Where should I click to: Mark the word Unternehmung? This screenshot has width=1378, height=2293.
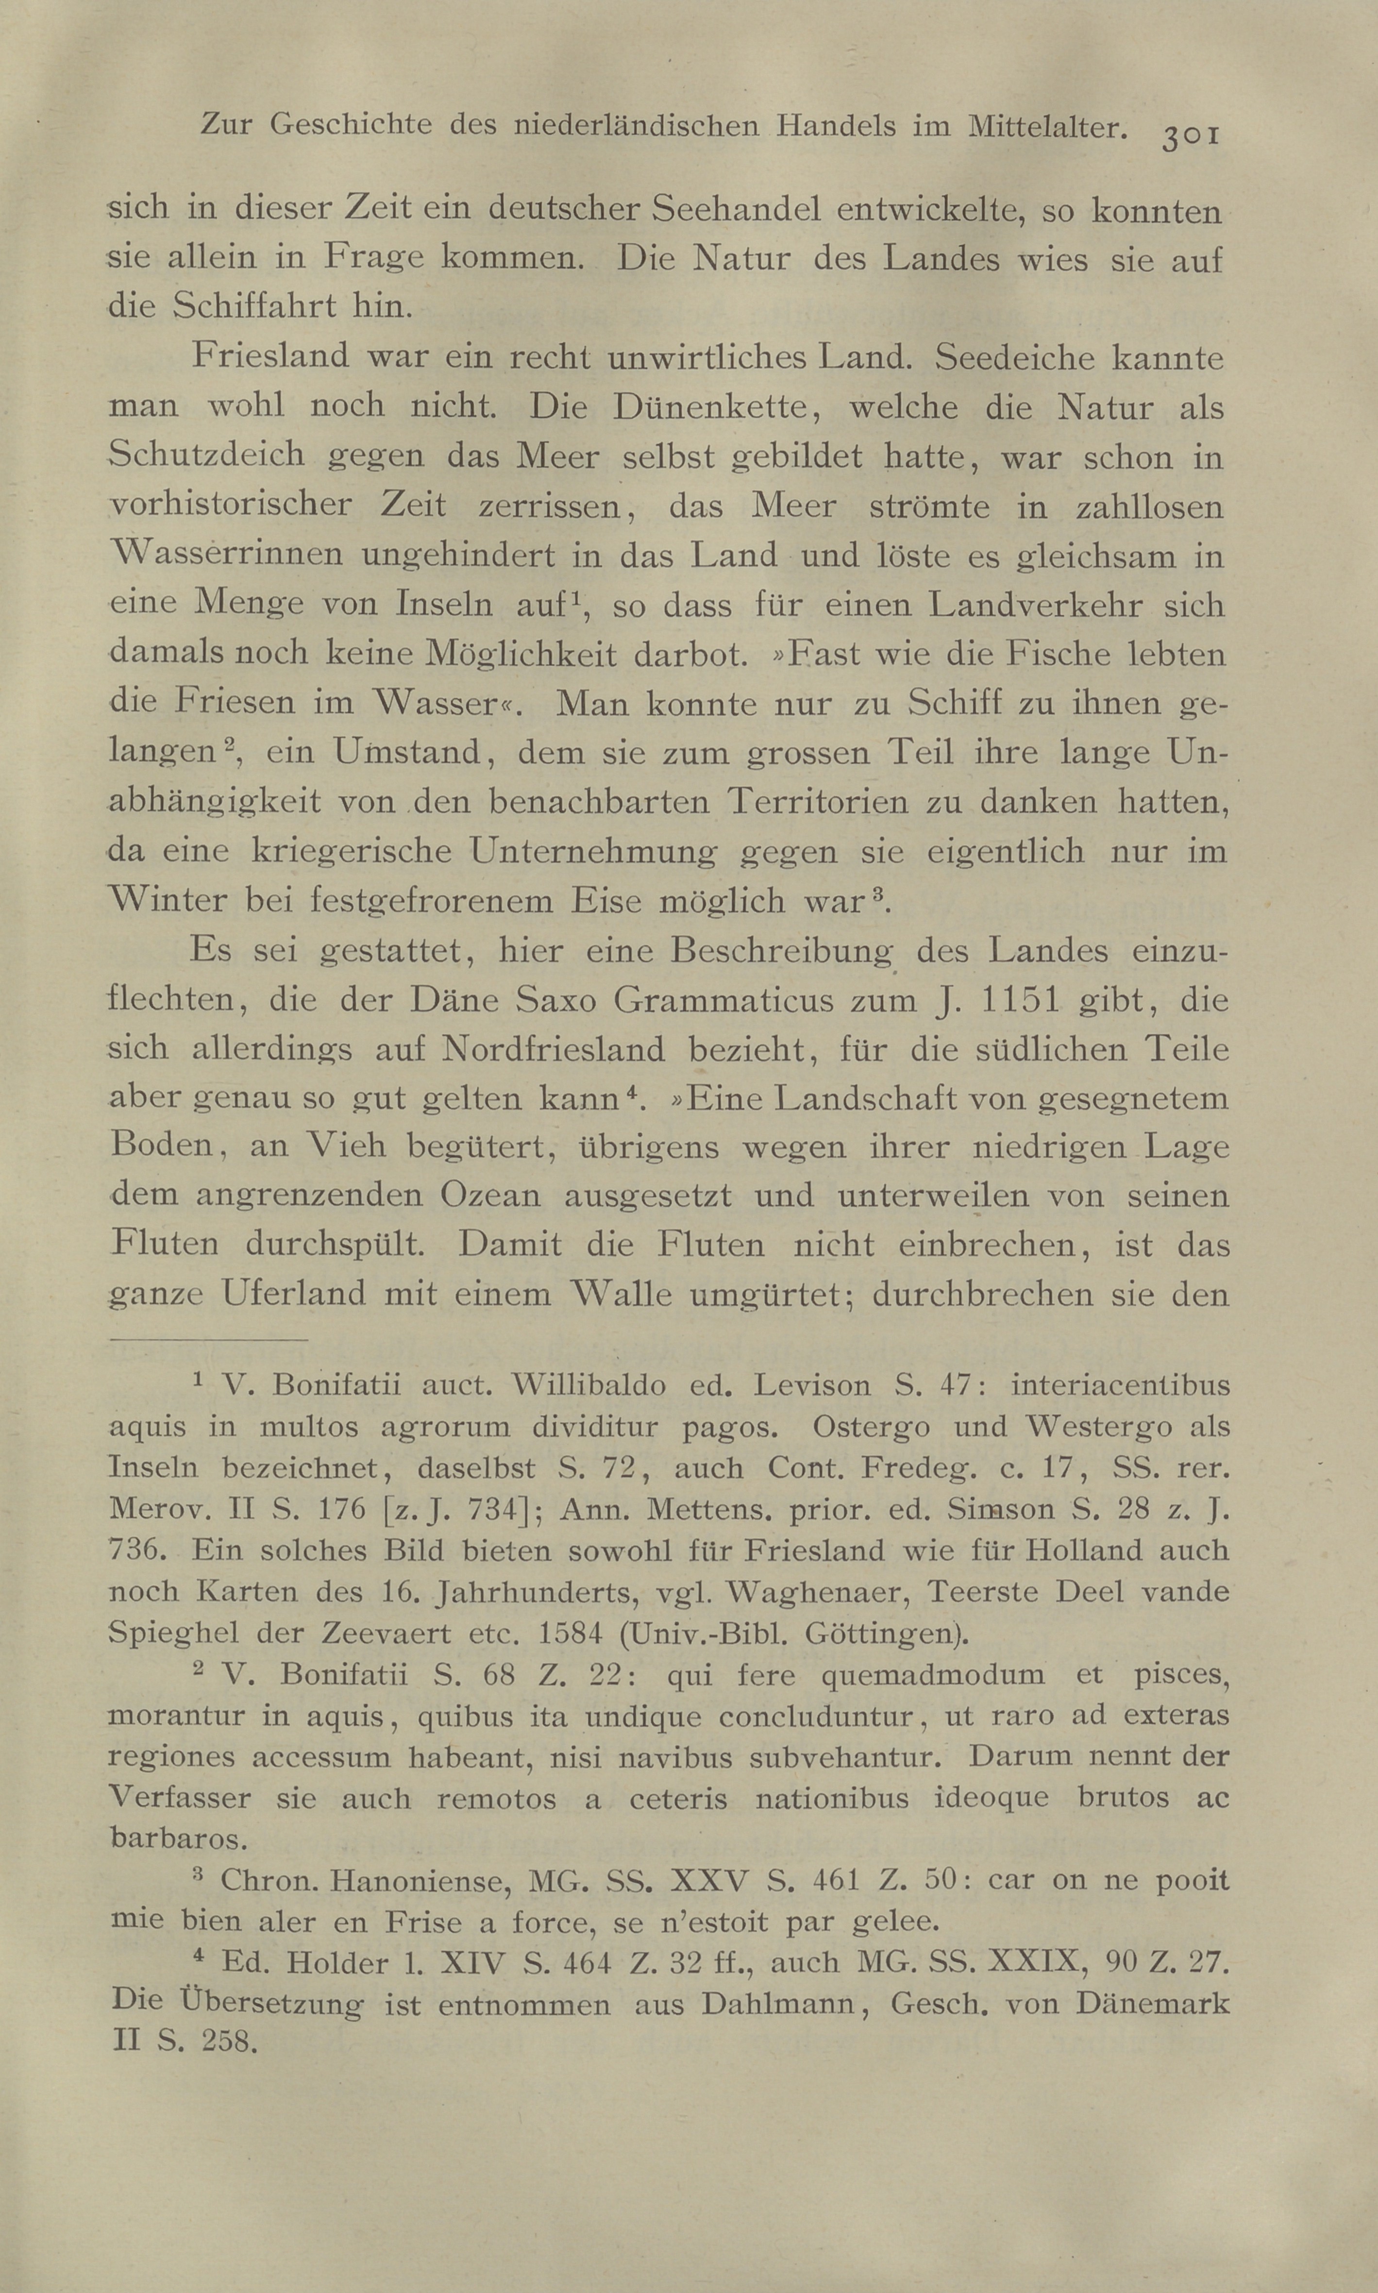tap(594, 851)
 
